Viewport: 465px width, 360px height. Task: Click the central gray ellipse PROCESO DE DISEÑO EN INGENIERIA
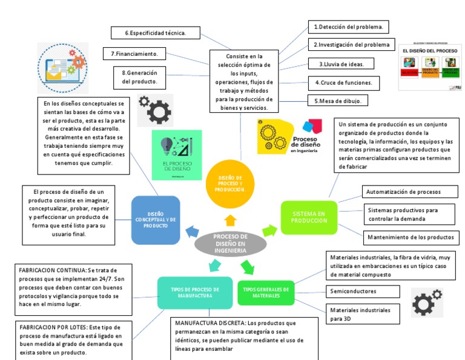[231, 244]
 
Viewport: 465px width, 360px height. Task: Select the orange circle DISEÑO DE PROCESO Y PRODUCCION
[230, 179]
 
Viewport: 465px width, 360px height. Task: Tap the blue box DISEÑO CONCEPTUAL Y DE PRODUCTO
[156, 219]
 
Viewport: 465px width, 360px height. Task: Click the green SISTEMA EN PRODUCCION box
[309, 217]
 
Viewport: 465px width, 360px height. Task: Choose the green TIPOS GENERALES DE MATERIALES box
[266, 293]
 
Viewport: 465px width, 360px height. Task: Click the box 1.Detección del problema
[348, 27]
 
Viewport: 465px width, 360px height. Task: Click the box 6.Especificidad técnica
[155, 32]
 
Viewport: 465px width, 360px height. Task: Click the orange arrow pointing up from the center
[230, 219]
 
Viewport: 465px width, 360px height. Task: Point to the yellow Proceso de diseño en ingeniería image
[290, 136]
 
